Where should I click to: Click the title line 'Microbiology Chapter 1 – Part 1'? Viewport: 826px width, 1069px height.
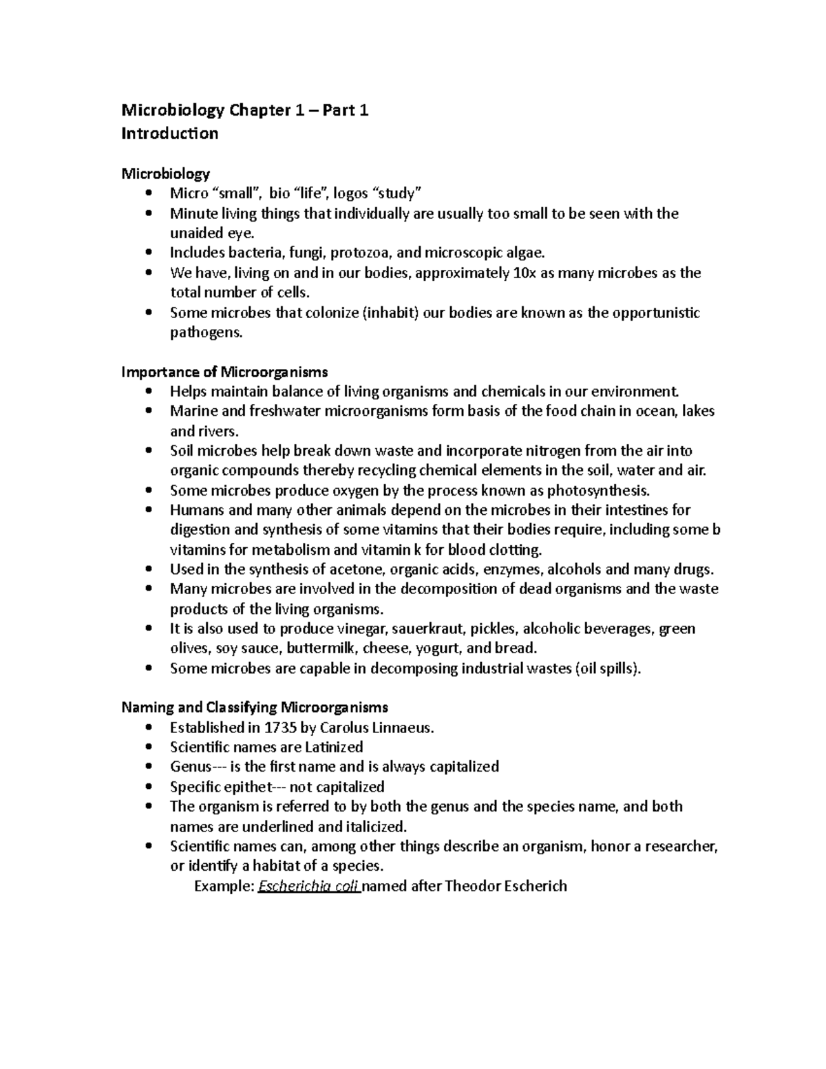[x=245, y=110]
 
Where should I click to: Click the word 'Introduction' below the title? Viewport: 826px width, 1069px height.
[x=170, y=134]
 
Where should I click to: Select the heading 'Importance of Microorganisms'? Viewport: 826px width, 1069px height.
[x=224, y=372]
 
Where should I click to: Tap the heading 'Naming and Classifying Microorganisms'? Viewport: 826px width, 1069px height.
[x=255, y=707]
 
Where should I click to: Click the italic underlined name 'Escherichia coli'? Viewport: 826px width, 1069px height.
[x=308, y=886]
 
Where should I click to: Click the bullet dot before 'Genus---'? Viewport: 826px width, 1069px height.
[x=149, y=767]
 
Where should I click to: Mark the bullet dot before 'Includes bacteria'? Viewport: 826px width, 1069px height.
[x=149, y=253]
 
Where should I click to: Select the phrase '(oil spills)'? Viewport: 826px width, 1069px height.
[x=608, y=668]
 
